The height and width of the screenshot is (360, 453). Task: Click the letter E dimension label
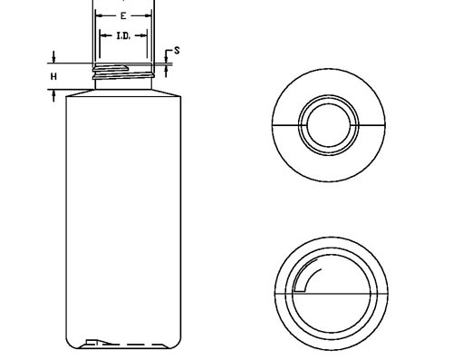pos(123,15)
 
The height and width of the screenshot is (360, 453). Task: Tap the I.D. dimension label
pos(123,36)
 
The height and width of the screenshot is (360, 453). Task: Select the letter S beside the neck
pos(177,51)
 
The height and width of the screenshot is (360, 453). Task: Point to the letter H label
pos(53,77)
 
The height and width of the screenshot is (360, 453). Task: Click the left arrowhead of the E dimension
pos(99,15)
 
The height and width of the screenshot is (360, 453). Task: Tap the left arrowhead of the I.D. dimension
pos(103,36)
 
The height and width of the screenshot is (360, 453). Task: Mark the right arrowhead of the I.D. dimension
pos(144,36)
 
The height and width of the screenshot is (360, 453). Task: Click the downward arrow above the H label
pos(53,57)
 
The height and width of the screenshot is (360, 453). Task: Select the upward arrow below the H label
pos(53,95)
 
